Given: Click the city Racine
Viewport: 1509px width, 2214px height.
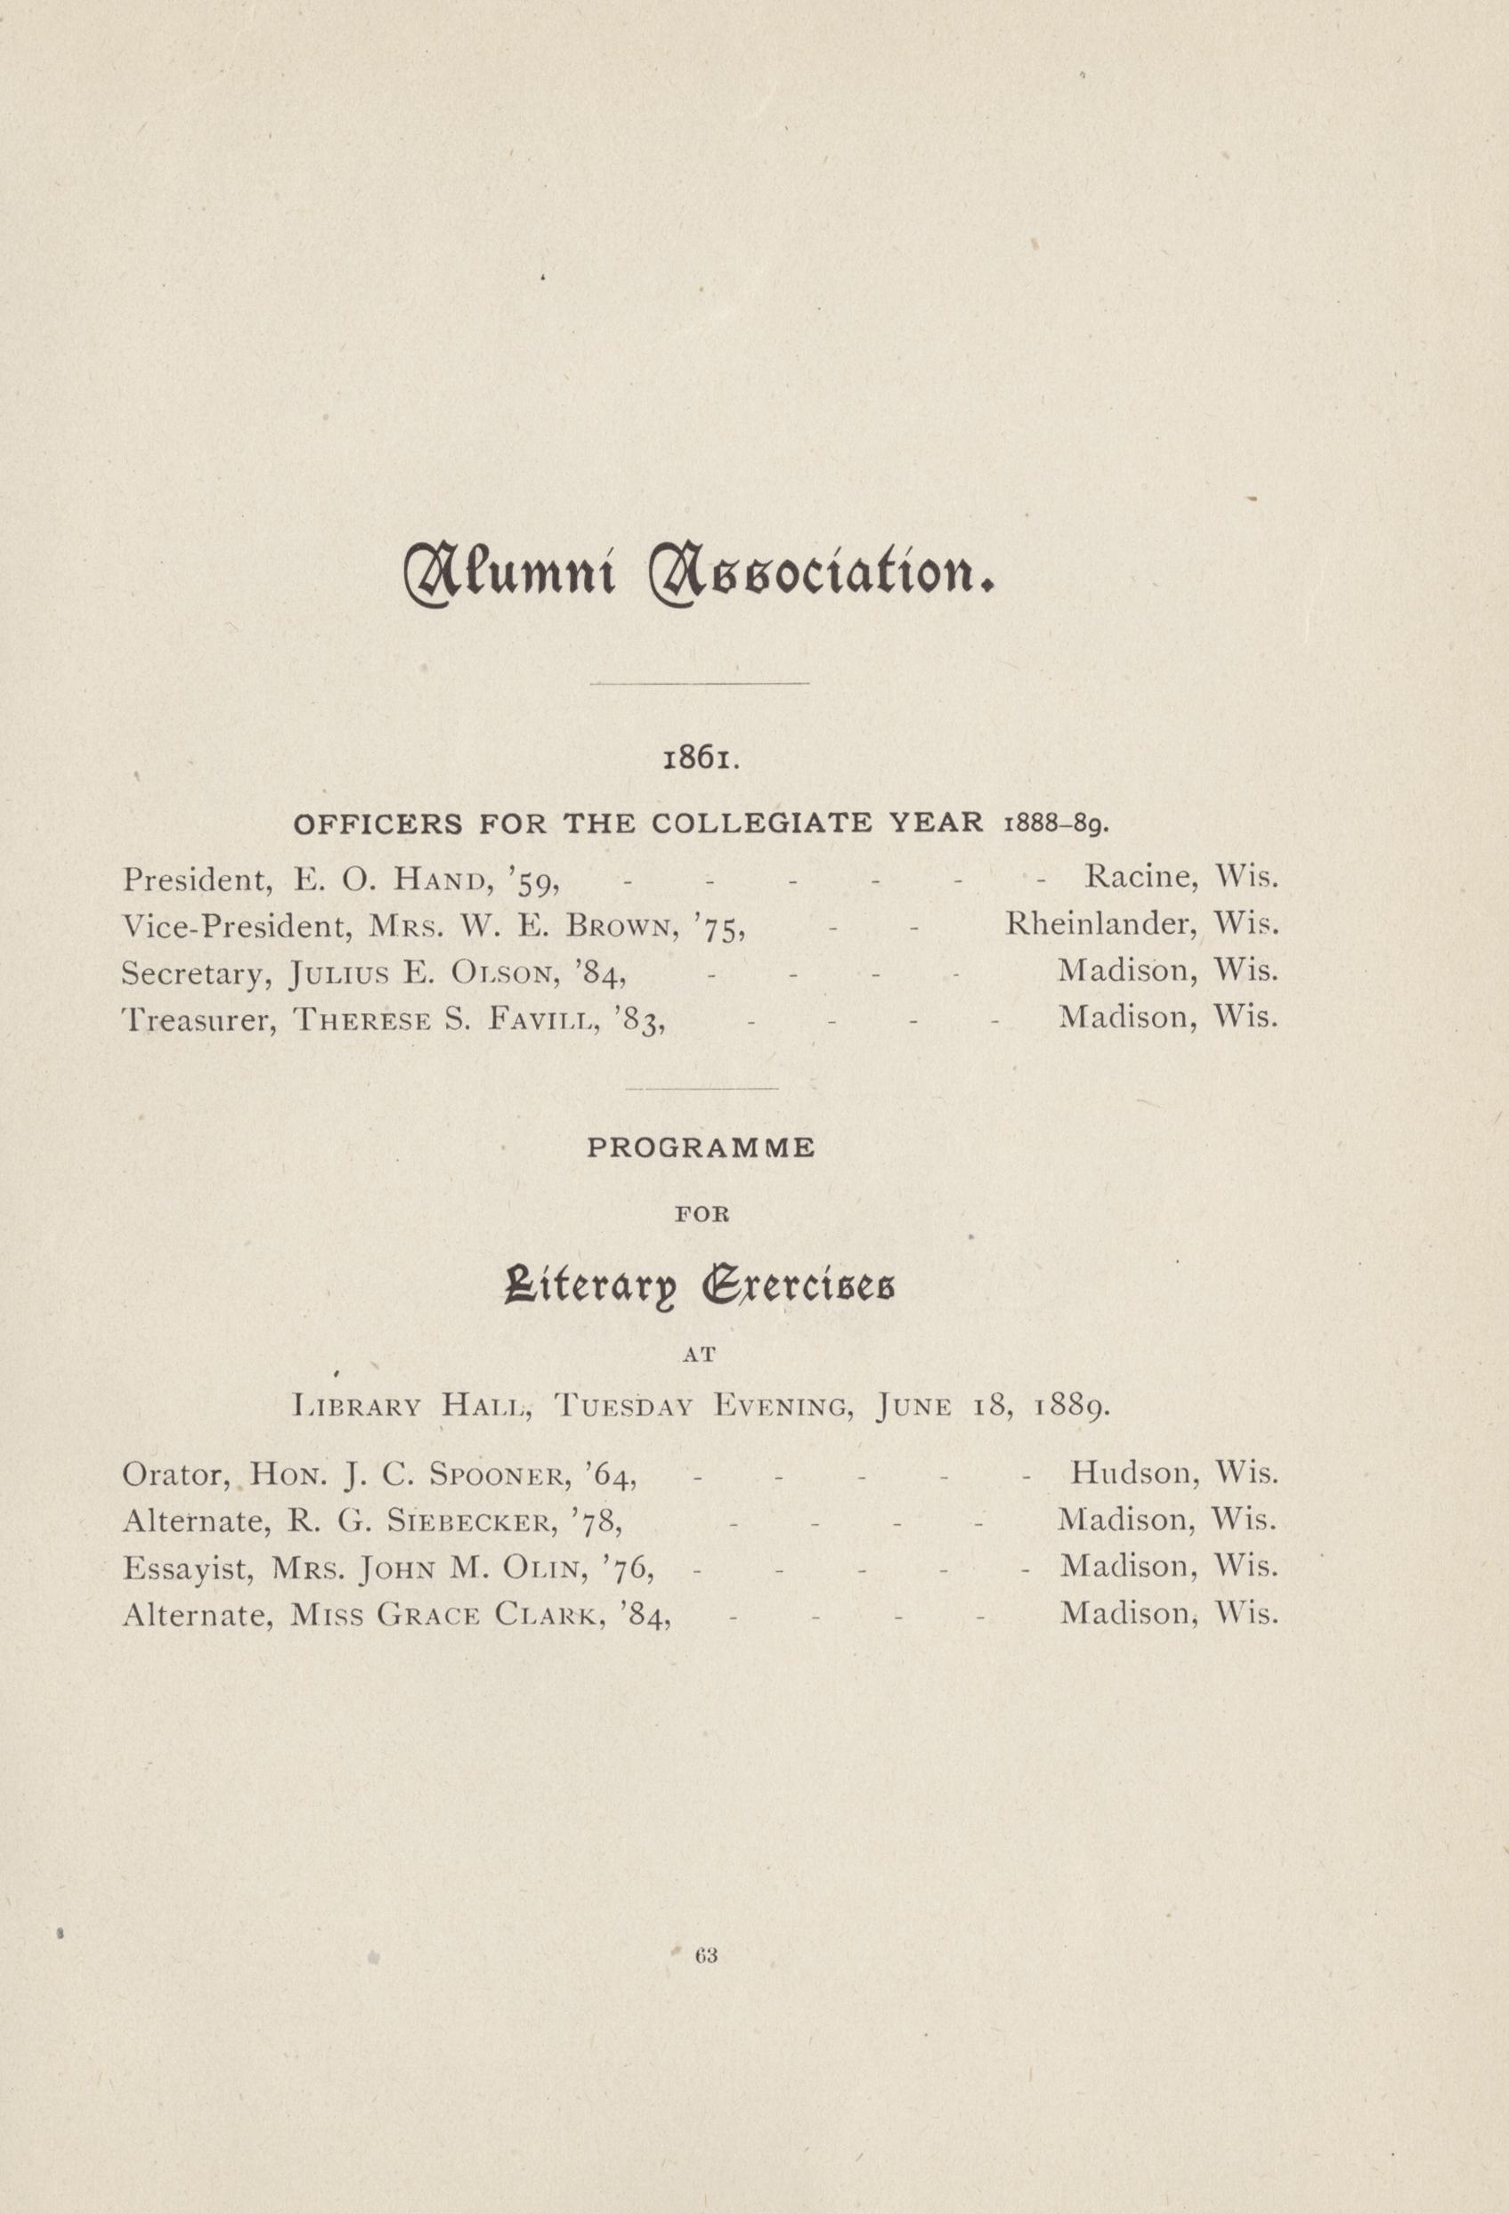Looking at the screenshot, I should [x=1140, y=877].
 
